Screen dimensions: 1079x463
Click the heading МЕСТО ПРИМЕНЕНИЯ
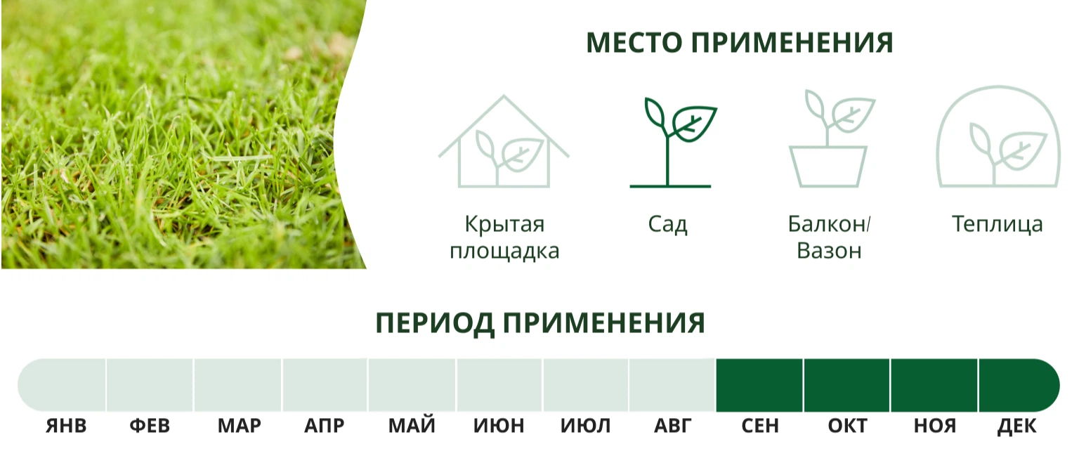[x=740, y=42]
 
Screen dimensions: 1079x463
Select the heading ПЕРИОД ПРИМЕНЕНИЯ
[x=540, y=323]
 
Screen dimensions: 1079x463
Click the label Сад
[x=667, y=225]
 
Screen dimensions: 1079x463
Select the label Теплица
[x=997, y=225]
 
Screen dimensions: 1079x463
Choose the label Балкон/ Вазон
[x=829, y=237]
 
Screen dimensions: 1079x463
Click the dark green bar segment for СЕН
[x=759, y=386]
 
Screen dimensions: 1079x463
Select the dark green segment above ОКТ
[x=846, y=386]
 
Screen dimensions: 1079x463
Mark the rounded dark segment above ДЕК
[x=1019, y=386]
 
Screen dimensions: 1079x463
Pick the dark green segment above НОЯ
[x=934, y=386]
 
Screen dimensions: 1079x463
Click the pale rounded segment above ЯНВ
[x=62, y=386]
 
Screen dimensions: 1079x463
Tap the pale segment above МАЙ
[x=412, y=386]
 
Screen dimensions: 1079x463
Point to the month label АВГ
[x=672, y=426]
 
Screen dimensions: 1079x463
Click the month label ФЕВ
[x=150, y=426]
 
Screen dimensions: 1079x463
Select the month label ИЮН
[x=499, y=426]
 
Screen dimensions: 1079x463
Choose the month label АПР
[x=324, y=426]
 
